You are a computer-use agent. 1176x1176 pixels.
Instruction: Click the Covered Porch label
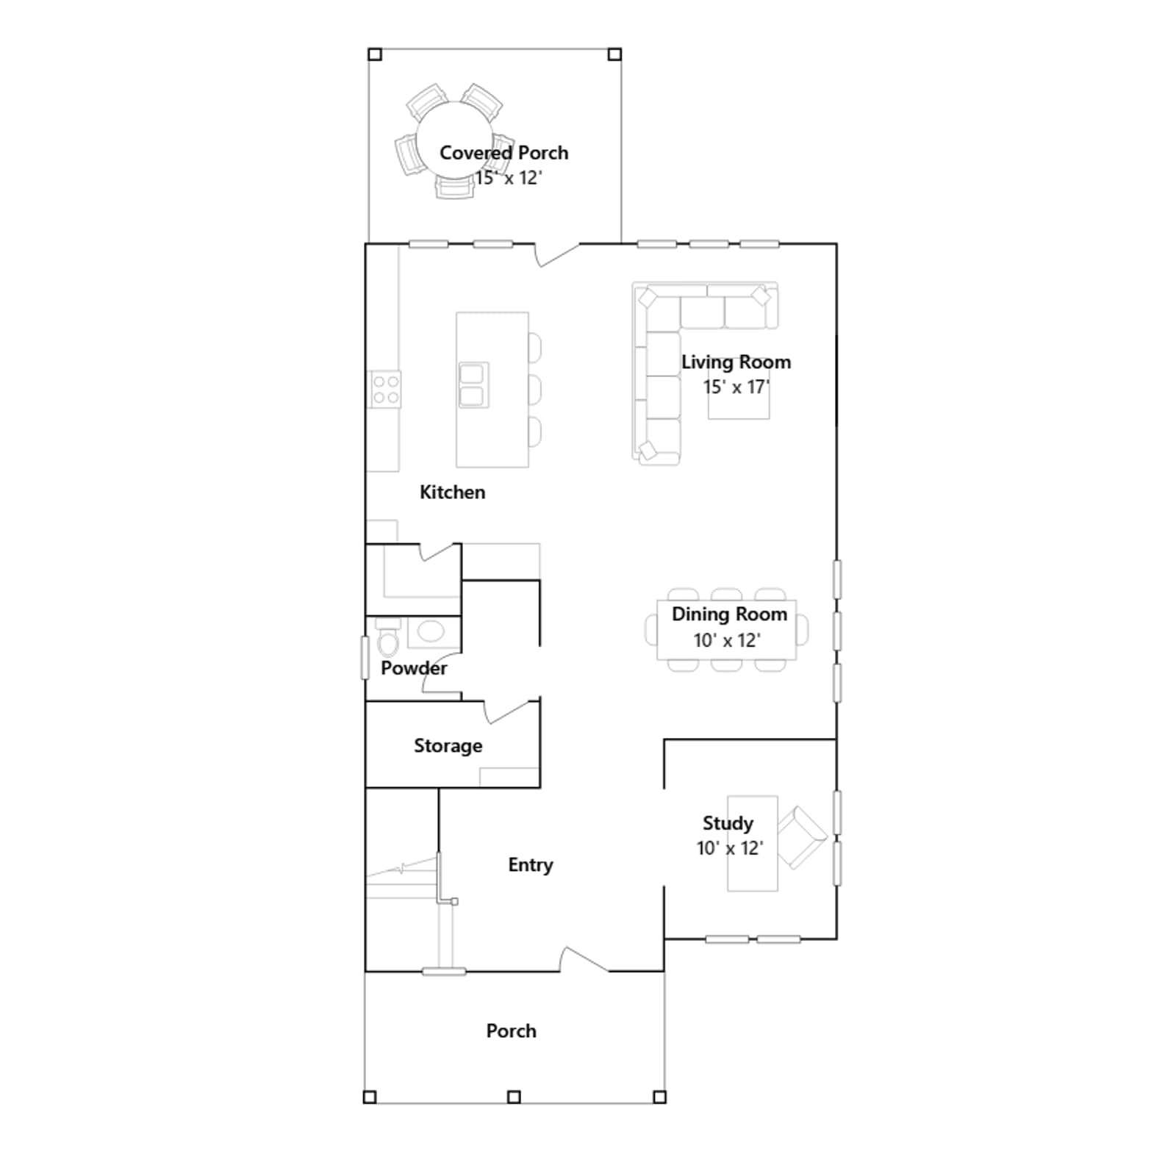pos(503,153)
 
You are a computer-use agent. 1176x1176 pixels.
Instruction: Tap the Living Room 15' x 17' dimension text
pos(736,387)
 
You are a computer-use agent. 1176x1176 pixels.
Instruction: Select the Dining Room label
pos(729,614)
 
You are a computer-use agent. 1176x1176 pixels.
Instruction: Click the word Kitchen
pos(452,492)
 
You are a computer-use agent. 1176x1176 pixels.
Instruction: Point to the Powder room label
pos(414,668)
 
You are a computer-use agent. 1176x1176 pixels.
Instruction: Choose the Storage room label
pos(448,746)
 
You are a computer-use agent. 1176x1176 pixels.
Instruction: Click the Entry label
pos(530,865)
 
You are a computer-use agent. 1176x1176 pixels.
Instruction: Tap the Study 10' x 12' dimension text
pos(730,848)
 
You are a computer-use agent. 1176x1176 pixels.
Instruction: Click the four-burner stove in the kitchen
pos(385,390)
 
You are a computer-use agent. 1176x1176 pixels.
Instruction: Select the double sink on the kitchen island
pos(473,385)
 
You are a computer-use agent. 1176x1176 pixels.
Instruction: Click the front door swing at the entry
pos(584,959)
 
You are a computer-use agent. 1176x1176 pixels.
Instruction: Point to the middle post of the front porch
pos(514,1097)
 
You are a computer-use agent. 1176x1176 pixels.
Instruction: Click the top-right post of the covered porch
pos(614,54)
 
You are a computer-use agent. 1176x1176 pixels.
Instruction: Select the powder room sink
pos(431,631)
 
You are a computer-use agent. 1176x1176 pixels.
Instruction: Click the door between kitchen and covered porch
pos(557,254)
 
